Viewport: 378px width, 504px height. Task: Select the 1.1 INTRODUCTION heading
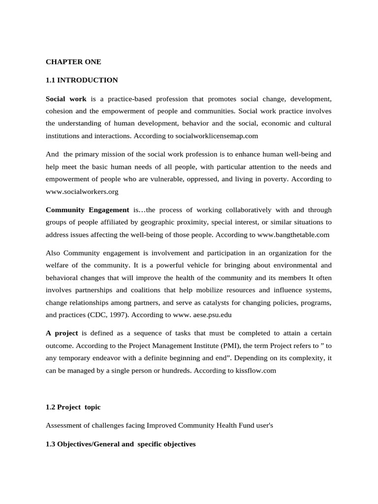[82, 80]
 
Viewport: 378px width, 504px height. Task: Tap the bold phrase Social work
[66, 98]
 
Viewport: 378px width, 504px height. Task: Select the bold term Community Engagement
[87, 209]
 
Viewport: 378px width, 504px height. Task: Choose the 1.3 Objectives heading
[121, 444]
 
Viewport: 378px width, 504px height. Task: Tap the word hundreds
[174, 371]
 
